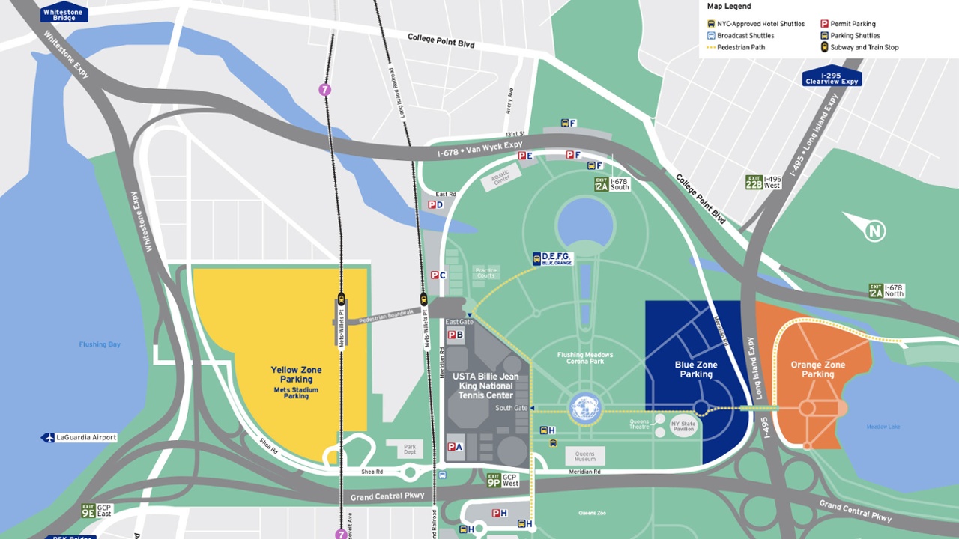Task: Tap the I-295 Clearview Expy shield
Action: coord(832,77)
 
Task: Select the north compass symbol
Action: coord(874,231)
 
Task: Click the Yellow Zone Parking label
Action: coord(296,375)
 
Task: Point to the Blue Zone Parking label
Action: coord(696,369)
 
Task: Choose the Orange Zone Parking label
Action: coord(817,369)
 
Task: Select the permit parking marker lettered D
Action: coord(435,204)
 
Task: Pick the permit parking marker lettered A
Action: coord(455,447)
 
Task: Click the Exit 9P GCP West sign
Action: coord(503,480)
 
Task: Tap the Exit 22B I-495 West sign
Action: coord(763,182)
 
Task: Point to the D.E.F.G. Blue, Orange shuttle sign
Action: coord(553,258)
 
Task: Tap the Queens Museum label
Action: coord(584,457)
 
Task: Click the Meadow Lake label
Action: coord(883,427)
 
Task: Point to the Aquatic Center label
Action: coord(500,177)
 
